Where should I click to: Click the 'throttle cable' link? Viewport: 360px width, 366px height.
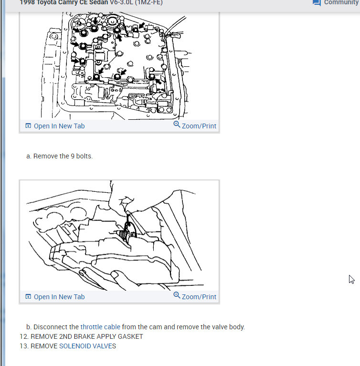(x=100, y=327)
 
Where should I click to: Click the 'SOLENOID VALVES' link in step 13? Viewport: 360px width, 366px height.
(x=87, y=346)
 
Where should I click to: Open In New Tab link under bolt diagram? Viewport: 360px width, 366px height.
(x=59, y=126)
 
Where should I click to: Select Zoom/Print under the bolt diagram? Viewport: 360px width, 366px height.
(x=199, y=126)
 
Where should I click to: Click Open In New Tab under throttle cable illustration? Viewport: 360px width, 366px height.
(x=59, y=297)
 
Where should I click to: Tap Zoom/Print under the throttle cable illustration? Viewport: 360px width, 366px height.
(x=199, y=297)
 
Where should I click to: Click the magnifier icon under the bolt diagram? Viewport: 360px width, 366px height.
(x=177, y=125)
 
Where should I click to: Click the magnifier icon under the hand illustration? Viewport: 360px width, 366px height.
(x=177, y=295)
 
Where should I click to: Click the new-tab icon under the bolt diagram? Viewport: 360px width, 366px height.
(x=28, y=126)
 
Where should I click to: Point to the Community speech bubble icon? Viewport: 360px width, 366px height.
(x=316, y=2)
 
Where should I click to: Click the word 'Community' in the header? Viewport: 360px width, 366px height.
(x=341, y=2)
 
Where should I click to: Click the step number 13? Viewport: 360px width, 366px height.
(x=23, y=346)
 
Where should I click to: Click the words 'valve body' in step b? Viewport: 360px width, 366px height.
(x=229, y=327)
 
